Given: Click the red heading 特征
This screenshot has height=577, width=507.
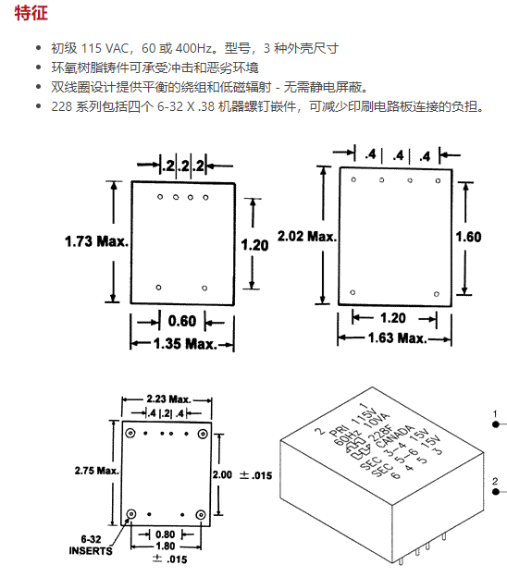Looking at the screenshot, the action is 31,13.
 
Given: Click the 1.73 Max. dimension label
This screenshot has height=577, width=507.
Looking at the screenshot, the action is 97,241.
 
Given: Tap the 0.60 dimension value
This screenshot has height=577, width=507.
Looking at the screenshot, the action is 182,321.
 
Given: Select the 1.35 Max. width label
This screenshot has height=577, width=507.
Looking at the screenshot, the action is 185,344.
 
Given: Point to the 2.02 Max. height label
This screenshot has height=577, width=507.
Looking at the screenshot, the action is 307,236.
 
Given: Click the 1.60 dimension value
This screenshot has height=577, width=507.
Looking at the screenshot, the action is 468,237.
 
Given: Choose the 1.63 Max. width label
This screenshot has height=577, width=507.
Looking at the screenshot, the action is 397,338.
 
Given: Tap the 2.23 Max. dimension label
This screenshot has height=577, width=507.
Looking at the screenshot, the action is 168,399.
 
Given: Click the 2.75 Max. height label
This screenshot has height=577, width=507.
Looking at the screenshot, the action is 97,471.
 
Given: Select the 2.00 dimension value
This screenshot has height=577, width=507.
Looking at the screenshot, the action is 222,474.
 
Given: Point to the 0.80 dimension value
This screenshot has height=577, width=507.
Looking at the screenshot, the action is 165,534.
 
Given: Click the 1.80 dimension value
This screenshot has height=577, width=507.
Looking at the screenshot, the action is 166,546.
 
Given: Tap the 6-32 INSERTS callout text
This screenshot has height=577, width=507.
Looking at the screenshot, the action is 91,545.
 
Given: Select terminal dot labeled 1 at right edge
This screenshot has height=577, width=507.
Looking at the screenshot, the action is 496,424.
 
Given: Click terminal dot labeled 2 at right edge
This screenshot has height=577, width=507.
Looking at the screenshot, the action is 496,492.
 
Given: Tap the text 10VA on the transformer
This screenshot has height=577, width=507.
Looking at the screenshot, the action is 377,421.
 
